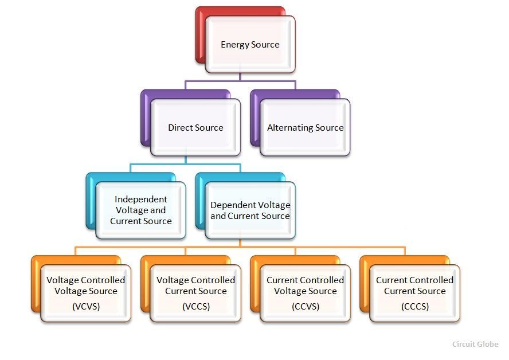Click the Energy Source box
click(x=250, y=45)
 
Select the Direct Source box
click(x=195, y=128)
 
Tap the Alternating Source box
click(x=305, y=128)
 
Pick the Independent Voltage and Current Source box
click(x=141, y=210)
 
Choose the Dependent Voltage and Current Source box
click(x=250, y=210)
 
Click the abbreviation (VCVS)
click(x=86, y=307)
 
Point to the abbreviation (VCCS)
click(x=196, y=307)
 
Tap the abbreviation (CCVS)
click(x=306, y=307)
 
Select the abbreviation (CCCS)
click(x=415, y=307)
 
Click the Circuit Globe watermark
click(x=475, y=344)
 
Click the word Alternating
click(x=290, y=128)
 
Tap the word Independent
click(x=141, y=199)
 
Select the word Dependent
click(x=228, y=205)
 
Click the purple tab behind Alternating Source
click(x=255, y=119)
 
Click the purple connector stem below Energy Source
click(x=240, y=77)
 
